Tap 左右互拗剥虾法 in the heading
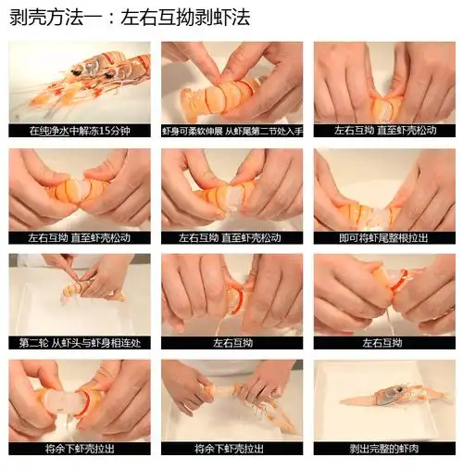pos(185,18)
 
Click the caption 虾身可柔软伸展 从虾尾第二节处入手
pos(232,132)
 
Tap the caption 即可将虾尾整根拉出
pos(384,238)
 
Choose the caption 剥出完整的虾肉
pos(384,449)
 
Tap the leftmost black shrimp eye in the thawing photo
pos(76,72)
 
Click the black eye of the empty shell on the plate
pos(400,389)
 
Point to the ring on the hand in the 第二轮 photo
pos(111,292)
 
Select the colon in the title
pos(111,19)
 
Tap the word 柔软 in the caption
pos(194,132)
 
